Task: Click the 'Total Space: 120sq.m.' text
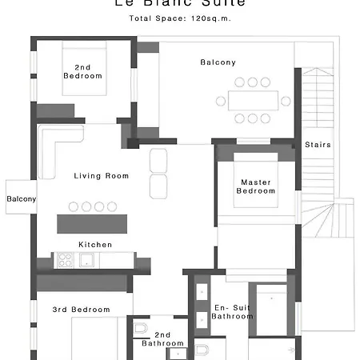tap(179, 18)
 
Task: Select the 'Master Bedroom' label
tap(257, 186)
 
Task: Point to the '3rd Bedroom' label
tap(81, 309)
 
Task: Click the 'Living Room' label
tap(101, 176)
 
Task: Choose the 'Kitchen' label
tap(95, 244)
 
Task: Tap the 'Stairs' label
tap(318, 145)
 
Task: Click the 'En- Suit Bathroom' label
tap(233, 311)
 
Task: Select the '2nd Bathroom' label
tap(163, 338)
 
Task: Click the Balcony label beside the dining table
tap(218, 62)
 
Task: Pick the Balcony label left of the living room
tap(21, 199)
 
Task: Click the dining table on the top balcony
tap(253, 100)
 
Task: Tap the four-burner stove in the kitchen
tap(65, 259)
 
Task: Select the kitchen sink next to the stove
tap(86, 259)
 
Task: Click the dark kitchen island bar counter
tap(92, 223)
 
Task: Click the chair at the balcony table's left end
tap(221, 100)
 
